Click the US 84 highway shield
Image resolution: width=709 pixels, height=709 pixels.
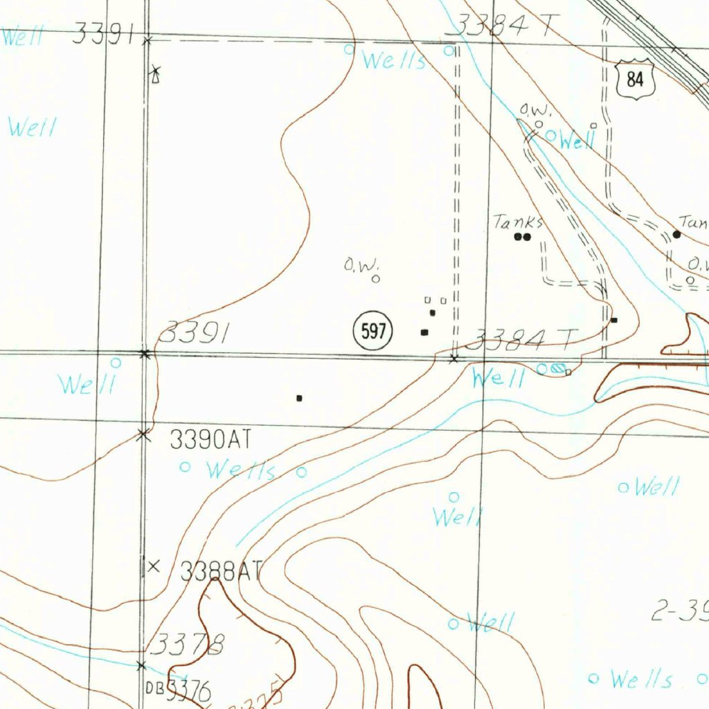[x=635, y=80]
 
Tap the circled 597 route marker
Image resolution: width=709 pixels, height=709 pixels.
[x=373, y=332]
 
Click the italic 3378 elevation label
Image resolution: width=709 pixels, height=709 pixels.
[x=188, y=645]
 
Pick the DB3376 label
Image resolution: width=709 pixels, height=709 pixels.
[x=178, y=690]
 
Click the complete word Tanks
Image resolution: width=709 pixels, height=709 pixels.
[x=518, y=222]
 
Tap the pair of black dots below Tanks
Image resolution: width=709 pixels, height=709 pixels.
[x=522, y=237]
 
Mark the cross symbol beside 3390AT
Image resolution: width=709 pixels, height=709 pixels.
[x=143, y=434]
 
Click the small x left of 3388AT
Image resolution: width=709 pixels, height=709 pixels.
[x=154, y=566]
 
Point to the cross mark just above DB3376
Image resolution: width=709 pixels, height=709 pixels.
[x=141, y=665]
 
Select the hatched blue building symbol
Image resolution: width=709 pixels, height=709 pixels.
[x=558, y=369]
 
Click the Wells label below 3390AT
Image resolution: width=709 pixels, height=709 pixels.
[x=242, y=472]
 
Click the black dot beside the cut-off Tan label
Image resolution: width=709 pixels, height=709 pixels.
[x=676, y=234]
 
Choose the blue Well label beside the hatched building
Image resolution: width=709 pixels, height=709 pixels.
[x=497, y=378]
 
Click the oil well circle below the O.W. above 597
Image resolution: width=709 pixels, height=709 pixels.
[x=375, y=279]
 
